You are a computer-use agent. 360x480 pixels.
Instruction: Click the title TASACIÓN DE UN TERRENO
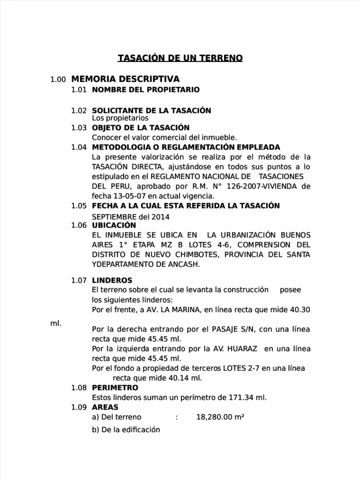point(180,58)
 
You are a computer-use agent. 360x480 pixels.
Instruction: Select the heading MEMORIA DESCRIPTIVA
point(126,79)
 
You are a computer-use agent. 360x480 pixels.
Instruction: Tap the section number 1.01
point(79,90)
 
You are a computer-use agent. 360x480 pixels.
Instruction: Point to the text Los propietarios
point(120,118)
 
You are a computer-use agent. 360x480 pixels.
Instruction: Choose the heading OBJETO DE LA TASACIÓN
point(141,127)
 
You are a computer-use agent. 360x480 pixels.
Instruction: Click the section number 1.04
point(79,147)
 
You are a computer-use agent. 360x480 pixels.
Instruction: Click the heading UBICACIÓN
point(112,225)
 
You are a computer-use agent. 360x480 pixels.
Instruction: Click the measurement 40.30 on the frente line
point(300,310)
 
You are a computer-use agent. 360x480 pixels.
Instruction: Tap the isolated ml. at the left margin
point(55,324)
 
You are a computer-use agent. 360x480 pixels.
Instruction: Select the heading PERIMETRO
point(115,388)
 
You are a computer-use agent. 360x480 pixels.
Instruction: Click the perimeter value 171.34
point(243,397)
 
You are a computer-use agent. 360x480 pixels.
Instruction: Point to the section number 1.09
point(79,407)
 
